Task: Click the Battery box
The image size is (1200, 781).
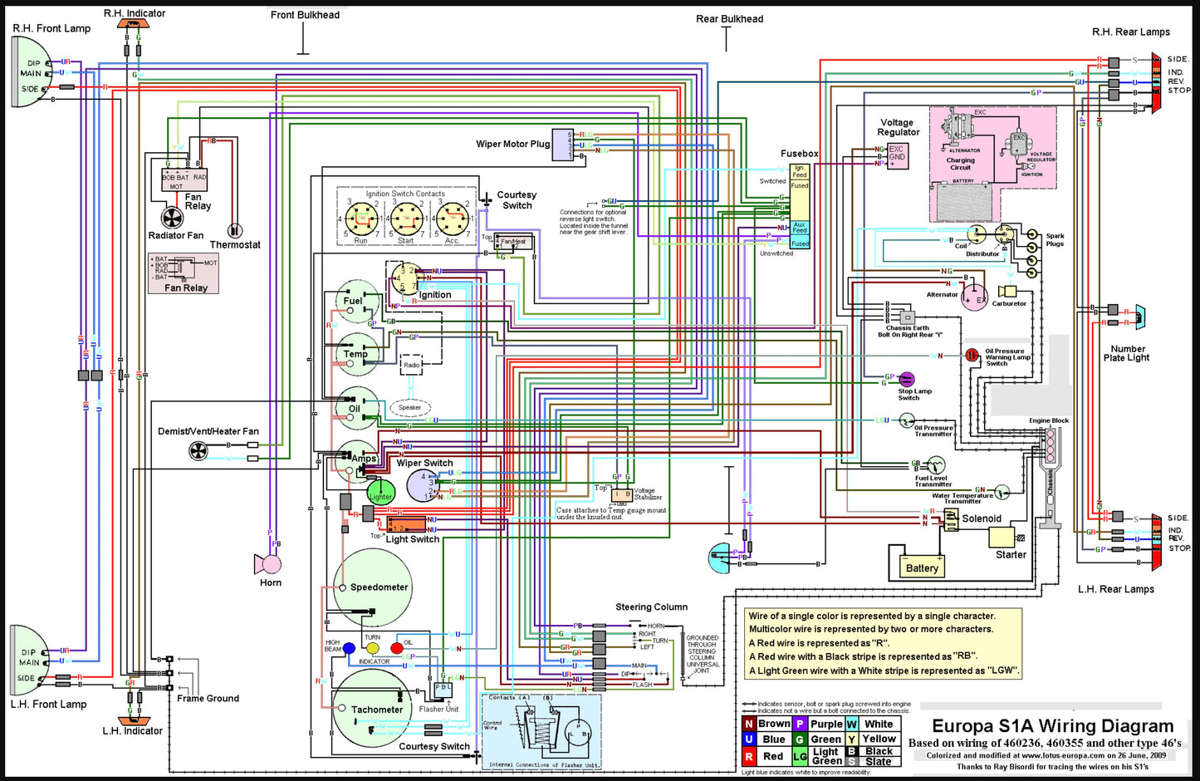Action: tap(922, 568)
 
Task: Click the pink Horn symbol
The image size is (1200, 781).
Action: tap(270, 564)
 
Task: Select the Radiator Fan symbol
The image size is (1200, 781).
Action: tap(173, 219)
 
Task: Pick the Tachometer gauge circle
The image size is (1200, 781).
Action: tap(371, 710)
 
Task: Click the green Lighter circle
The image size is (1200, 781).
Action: tap(380, 492)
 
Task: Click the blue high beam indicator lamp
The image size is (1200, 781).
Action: tap(350, 648)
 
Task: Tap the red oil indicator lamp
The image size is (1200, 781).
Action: tap(397, 648)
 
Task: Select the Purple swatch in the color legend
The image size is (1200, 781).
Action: tap(800, 724)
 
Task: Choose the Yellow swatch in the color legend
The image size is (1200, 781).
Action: tap(852, 739)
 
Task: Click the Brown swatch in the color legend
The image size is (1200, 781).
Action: tap(748, 724)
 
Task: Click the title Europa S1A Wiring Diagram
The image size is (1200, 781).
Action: tap(1052, 726)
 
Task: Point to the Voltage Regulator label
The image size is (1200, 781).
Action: tap(897, 127)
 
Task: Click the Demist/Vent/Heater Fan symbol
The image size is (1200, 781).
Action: tap(198, 451)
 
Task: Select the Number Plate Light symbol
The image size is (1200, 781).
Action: tap(1141, 317)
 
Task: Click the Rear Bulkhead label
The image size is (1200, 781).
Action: tap(729, 19)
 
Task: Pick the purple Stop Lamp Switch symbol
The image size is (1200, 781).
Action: tap(907, 379)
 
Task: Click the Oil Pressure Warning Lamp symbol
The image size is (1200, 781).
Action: tap(972, 355)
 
